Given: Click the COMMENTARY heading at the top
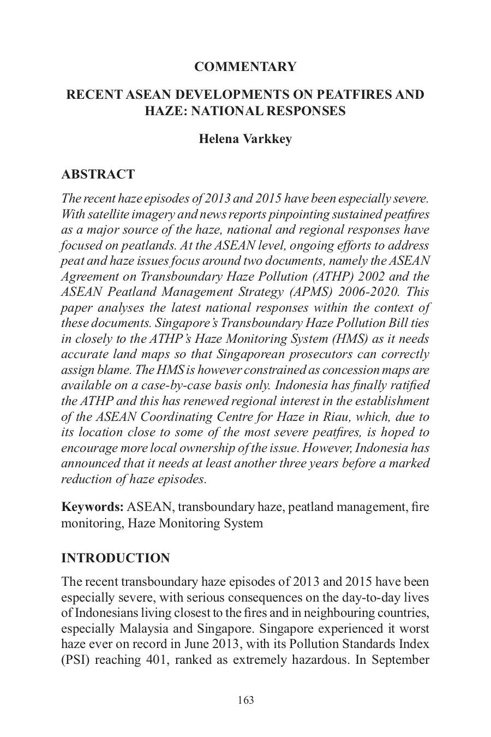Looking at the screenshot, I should pos(245,67).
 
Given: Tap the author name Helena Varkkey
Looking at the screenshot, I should pos(245,139).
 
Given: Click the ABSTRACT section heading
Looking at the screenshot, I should pos(98,175).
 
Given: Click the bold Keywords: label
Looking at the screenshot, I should pos(92,507).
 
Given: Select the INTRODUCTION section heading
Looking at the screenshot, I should pos(116,558).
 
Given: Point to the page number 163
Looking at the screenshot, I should pos(246,700).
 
